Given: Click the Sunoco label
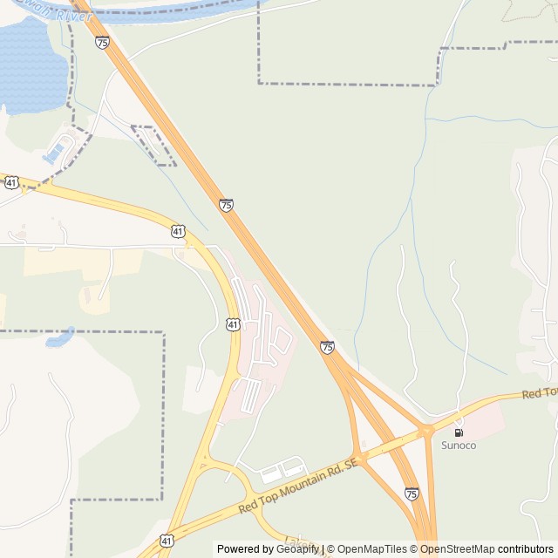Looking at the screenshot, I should tap(459, 446).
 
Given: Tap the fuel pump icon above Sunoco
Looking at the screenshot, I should tap(459, 432).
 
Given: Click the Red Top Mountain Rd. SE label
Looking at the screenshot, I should tap(298, 487).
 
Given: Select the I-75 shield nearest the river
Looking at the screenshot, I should tap(103, 42).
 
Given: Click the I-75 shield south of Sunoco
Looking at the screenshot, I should tap(412, 494).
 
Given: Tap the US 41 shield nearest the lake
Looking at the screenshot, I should tap(11, 182).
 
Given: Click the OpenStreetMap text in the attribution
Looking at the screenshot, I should tap(457, 549).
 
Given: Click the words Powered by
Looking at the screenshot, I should tap(245, 549).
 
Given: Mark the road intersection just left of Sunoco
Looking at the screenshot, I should tap(426, 431).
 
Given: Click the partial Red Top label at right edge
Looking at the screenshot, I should tap(540, 394).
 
